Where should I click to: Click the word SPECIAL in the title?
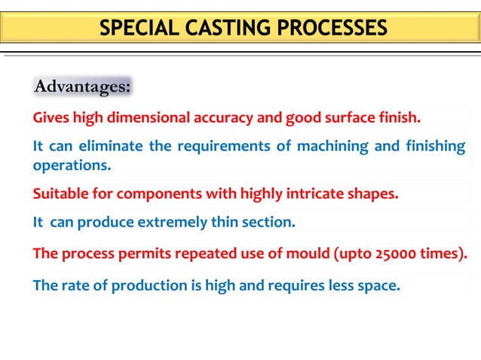pos(138,29)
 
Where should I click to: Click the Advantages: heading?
pos(83,87)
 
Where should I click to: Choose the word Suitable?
pos(60,194)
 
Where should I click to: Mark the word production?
pos(141,285)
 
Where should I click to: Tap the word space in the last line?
pos(379,286)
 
